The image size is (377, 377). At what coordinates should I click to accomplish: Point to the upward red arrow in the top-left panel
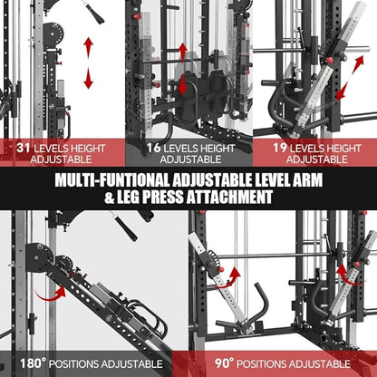[88, 47]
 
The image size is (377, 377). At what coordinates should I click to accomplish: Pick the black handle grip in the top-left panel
[92, 10]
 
